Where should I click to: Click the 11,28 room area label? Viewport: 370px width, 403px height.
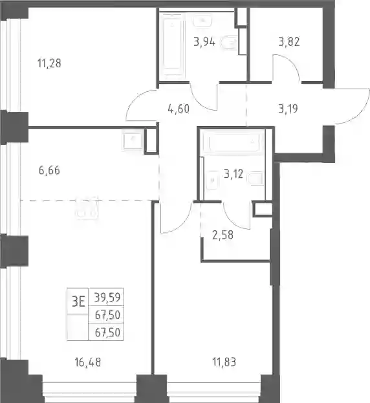tap(49, 63)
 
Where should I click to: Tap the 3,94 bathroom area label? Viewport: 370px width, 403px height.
tap(204, 41)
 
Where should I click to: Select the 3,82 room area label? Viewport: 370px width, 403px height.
tap(289, 41)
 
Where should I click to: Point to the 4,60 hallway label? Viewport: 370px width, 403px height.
tap(179, 109)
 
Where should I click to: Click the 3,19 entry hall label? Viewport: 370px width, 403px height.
tap(288, 109)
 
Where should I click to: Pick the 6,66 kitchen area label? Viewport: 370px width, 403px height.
tap(49, 170)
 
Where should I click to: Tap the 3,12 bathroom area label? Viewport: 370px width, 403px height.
tap(234, 174)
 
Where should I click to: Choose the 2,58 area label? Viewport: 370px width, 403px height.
tap(223, 235)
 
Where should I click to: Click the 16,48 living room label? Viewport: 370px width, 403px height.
tap(88, 362)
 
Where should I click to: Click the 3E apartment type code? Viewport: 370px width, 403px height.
tap(78, 301)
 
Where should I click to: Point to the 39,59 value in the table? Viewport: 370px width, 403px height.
tap(107, 298)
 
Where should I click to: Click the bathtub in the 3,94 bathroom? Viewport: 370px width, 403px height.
tap(172, 45)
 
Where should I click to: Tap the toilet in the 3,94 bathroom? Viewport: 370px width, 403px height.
tap(229, 43)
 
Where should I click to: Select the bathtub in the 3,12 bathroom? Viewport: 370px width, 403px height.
tap(234, 142)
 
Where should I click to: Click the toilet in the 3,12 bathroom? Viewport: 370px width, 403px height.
tap(256, 178)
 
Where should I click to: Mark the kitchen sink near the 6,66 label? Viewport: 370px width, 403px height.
tap(133, 140)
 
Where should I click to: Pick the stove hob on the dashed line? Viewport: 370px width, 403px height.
tap(87, 208)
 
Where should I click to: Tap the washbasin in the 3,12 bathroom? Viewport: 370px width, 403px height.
tap(213, 180)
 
